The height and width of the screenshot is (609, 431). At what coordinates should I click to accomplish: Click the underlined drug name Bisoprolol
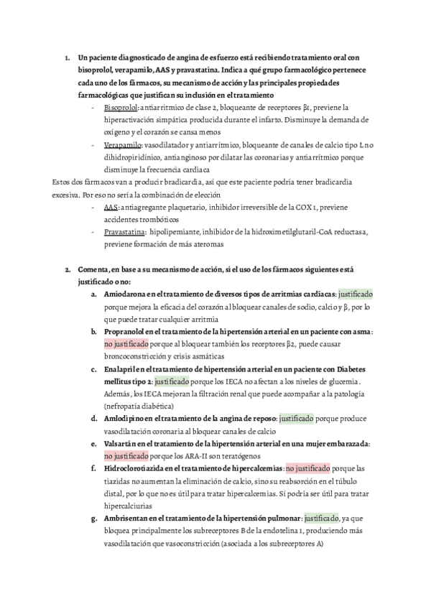121,108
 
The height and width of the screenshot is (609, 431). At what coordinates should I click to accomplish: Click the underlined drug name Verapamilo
122,144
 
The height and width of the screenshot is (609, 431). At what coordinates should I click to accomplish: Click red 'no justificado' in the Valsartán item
126,456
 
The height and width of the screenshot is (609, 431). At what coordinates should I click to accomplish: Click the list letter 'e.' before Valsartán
94,444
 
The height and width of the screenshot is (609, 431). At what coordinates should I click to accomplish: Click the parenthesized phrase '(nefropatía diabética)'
138,406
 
